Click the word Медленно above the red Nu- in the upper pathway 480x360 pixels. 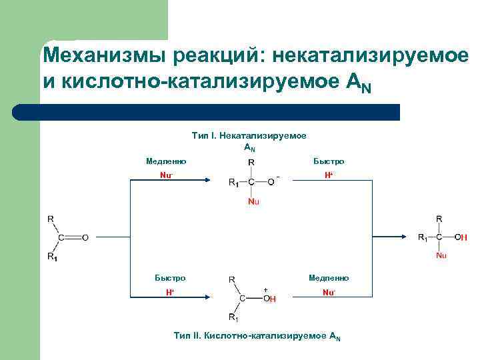[x=165, y=161]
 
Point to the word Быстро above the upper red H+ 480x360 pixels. [x=329, y=161]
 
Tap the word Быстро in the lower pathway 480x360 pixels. [x=170, y=278]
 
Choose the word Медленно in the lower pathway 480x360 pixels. [x=329, y=278]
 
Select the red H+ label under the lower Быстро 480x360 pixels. [x=170, y=293]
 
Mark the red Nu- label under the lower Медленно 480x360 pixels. [x=329, y=293]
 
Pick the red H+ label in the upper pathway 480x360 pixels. [x=329, y=175]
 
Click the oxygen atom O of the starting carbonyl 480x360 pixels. [x=85, y=237]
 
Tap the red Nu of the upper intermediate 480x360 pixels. [x=253, y=201]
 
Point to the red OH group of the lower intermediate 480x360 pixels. [x=269, y=298]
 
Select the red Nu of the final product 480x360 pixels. [x=441, y=255]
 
